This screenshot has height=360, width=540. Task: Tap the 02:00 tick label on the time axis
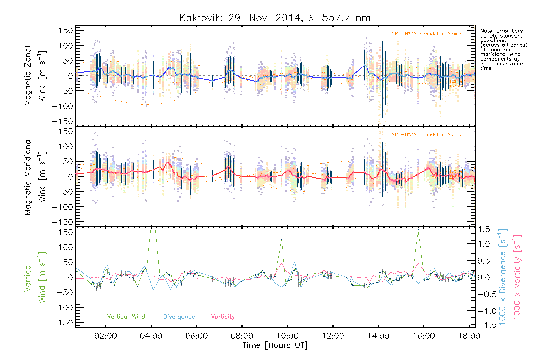click(x=106, y=336)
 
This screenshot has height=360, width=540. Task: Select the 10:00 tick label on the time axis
click(x=287, y=336)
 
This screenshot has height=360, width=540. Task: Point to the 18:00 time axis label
click(x=469, y=336)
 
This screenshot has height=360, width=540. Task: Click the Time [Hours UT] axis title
click(x=275, y=345)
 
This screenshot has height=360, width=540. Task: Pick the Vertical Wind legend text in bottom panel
click(x=126, y=316)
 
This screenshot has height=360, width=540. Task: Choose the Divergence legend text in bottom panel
click(x=179, y=317)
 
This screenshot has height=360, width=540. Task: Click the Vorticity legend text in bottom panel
click(x=223, y=316)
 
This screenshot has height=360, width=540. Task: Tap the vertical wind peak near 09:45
click(x=281, y=239)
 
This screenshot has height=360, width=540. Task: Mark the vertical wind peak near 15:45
click(x=418, y=230)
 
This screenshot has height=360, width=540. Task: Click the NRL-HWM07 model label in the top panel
click(x=427, y=34)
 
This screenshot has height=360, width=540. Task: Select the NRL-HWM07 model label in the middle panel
click(x=427, y=135)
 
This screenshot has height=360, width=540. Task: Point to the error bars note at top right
click(x=503, y=49)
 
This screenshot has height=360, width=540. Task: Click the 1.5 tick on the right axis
click(x=484, y=229)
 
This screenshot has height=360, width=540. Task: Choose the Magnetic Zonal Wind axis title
click(x=35, y=76)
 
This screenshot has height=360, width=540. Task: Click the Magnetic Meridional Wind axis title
click(x=35, y=176)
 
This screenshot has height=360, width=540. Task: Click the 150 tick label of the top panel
click(x=66, y=30)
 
